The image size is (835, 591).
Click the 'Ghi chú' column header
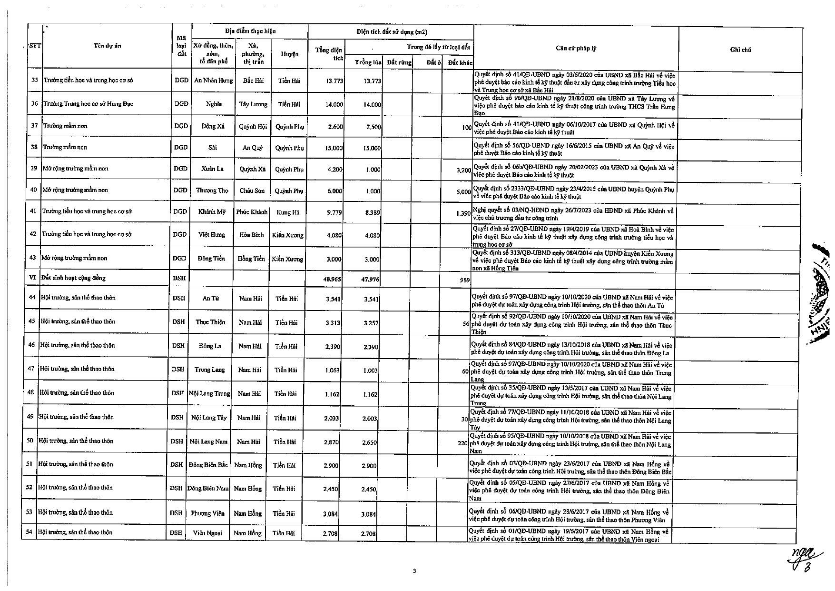740,50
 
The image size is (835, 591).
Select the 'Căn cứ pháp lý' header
575,48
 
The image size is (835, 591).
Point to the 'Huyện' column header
289,54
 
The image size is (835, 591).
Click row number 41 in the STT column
33,211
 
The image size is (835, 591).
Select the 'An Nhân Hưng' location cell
214,80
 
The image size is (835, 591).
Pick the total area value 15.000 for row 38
334,148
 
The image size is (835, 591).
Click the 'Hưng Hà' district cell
288,212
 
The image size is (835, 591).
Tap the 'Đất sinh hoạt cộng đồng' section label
73,278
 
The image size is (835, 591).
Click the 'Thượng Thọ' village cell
212,190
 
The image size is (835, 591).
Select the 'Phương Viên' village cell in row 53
207,513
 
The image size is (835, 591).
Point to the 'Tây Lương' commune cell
253,104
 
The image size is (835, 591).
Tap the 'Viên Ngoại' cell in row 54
208,533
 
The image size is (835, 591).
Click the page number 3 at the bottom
414,571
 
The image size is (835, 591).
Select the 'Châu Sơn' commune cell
252,190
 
